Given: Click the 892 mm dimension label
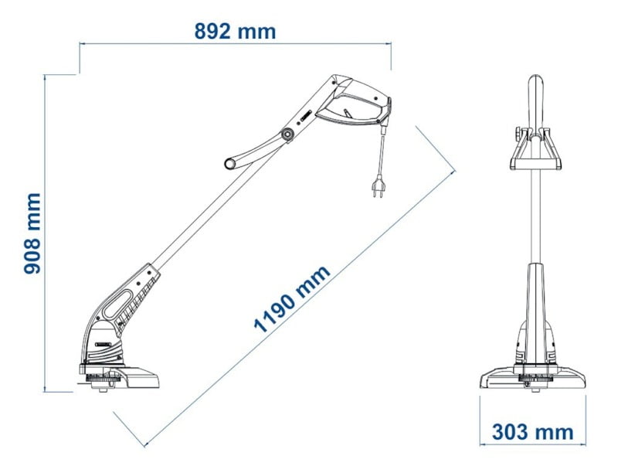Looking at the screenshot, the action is (x=235, y=32).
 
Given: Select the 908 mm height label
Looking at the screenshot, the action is (x=32, y=233).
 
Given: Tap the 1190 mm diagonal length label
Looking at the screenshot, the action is (x=292, y=298).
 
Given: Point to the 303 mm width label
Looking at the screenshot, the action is (x=532, y=432).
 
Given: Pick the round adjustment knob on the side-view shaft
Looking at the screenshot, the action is (x=287, y=134).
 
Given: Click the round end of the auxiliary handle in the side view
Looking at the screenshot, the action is (x=229, y=163).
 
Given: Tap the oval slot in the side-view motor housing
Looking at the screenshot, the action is (x=118, y=304).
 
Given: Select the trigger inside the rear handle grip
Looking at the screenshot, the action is (x=347, y=113).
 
